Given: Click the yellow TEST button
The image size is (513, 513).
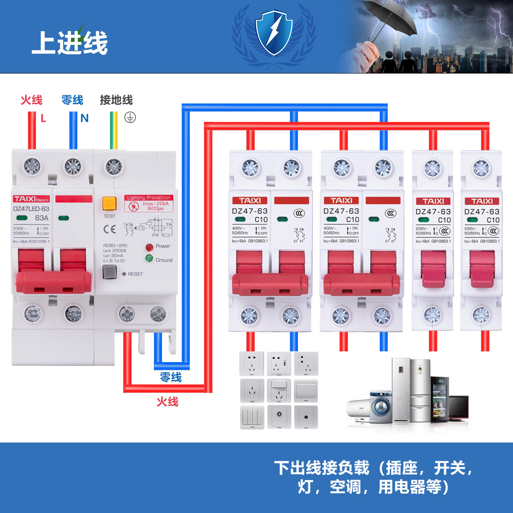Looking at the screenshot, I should click(x=109, y=203).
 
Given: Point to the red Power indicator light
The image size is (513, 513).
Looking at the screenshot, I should click(x=149, y=247).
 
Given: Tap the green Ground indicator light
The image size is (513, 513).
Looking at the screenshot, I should click(x=149, y=258).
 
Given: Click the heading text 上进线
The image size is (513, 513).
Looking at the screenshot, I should click(x=70, y=43).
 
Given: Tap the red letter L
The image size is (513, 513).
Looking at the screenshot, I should click(x=43, y=118).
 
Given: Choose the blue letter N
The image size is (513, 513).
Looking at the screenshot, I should click(x=85, y=118).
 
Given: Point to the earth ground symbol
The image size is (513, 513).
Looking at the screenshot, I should click(x=130, y=118).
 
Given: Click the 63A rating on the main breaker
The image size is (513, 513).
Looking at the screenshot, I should click(x=41, y=218).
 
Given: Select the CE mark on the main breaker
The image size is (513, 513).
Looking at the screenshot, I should click(x=110, y=230).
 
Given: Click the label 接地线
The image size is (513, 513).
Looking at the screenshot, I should click(x=116, y=100).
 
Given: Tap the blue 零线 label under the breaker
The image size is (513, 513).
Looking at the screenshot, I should click(x=171, y=377).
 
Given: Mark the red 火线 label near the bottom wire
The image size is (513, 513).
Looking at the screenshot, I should click(x=167, y=401).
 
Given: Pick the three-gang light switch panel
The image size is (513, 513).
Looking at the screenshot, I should click(x=252, y=417).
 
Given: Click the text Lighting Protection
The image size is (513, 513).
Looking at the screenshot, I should click(x=149, y=198).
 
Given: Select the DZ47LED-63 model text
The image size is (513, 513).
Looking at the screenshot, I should click(x=31, y=209).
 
